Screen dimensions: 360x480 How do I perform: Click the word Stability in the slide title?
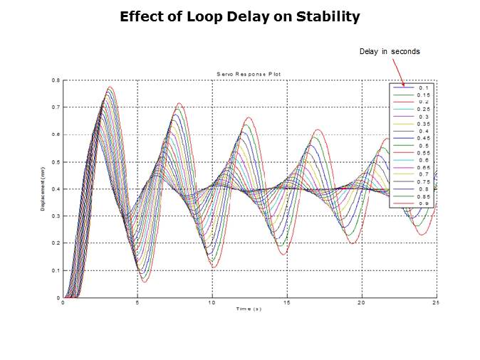click(326, 16)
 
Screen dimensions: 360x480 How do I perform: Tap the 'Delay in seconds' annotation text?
click(389, 51)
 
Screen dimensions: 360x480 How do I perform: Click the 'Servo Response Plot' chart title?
click(249, 74)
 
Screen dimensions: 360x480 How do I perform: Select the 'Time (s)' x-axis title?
click(249, 308)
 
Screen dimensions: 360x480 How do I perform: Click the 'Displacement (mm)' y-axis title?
click(43, 189)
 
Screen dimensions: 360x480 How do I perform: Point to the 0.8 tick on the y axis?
click(56, 80)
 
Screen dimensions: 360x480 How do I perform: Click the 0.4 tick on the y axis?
click(56, 189)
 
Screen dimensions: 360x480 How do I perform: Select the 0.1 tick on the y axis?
click(56, 270)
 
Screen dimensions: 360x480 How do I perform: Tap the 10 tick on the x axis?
click(212, 302)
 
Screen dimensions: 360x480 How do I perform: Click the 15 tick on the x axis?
click(287, 302)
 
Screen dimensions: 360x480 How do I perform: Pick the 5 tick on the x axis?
click(137, 302)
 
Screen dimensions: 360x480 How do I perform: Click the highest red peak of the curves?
click(110, 88)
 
